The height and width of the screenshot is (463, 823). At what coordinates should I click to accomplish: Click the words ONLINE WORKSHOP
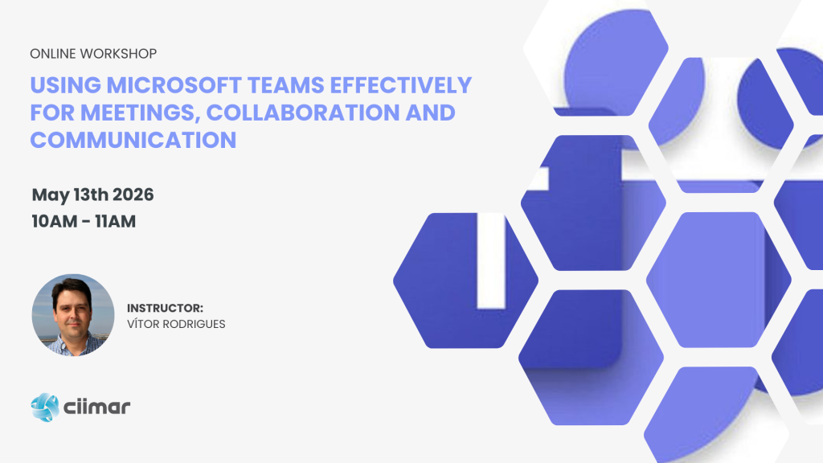[93, 54]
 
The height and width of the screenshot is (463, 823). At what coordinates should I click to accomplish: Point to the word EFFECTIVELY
[402, 85]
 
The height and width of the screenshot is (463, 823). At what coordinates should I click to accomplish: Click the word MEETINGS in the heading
[140, 113]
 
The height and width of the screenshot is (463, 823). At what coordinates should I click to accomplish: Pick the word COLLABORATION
[303, 113]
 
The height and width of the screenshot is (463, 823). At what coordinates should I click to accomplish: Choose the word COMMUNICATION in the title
[133, 140]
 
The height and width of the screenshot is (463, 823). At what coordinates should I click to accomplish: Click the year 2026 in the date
[133, 195]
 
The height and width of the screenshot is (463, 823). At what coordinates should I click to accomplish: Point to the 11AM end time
[115, 222]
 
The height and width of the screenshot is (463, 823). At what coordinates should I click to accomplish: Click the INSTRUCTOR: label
[165, 308]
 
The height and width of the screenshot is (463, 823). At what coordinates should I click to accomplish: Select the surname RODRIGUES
[194, 325]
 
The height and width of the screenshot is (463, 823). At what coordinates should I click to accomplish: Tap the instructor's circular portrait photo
[73, 315]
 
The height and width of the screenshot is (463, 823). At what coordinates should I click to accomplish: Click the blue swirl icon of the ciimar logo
[45, 408]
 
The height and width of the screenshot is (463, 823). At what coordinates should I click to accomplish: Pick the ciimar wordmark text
[96, 407]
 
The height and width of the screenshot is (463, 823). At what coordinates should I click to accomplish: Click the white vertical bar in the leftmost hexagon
[491, 260]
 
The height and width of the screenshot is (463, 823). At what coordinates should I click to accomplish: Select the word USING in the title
[66, 85]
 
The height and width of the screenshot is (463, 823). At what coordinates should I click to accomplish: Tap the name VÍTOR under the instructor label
[143, 324]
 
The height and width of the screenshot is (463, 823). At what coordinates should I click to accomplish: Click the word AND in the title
[431, 113]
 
